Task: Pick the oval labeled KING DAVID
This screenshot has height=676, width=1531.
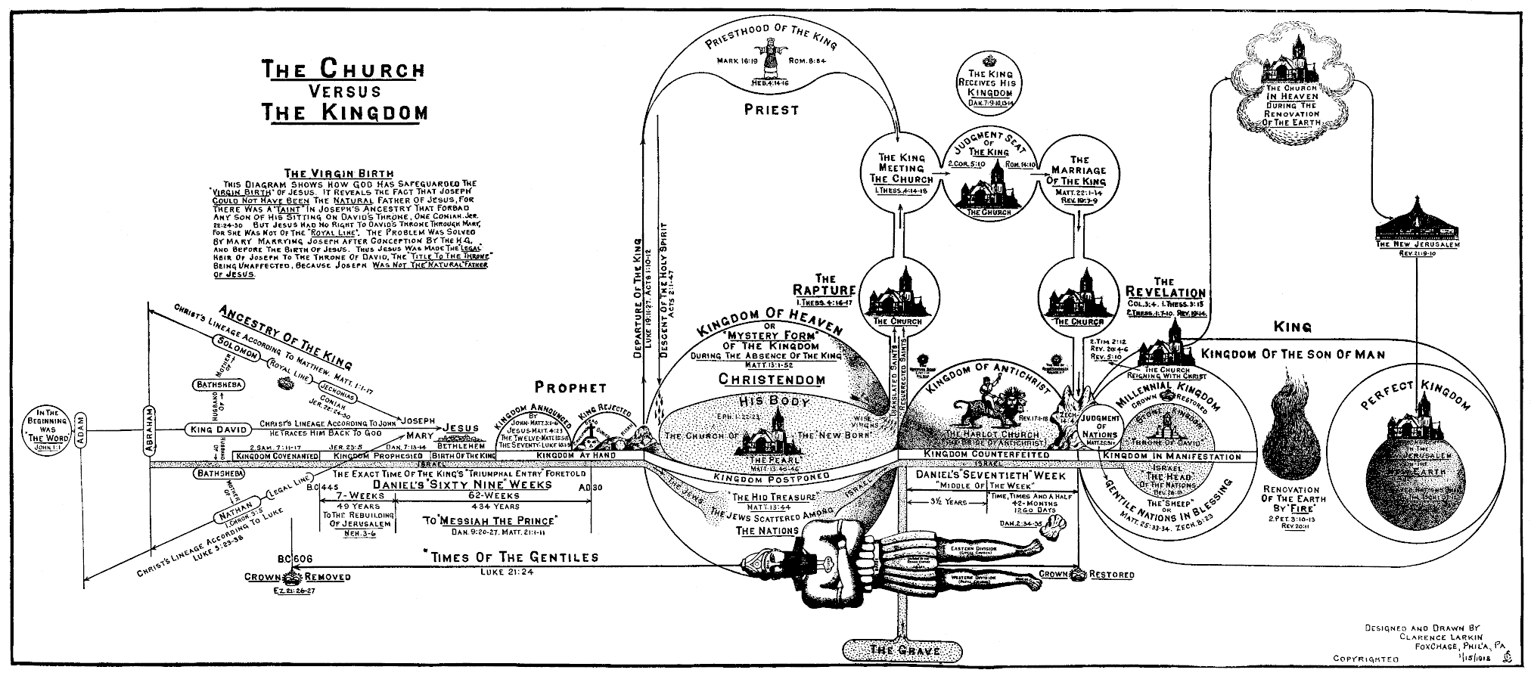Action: coord(218,429)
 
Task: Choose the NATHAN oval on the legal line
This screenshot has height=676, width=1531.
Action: coord(235,516)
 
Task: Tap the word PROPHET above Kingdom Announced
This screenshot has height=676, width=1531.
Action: coord(570,388)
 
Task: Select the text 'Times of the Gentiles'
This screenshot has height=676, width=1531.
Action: coord(511,557)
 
